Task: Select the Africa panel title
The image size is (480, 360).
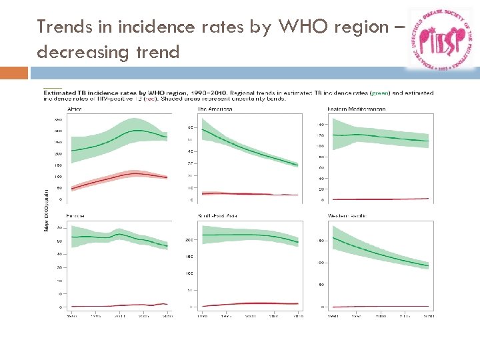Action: pos(75,109)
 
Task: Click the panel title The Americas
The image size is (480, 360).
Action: pos(215,109)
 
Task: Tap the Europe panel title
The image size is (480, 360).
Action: pos(75,216)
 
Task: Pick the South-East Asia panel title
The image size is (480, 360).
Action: pos(218,216)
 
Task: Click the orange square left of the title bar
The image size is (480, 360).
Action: pos(14,73)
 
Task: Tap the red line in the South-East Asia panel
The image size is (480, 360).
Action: pos(250,303)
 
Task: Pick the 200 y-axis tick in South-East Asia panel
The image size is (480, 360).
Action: pos(189,239)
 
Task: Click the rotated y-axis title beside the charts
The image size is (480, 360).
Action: pos(45,208)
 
